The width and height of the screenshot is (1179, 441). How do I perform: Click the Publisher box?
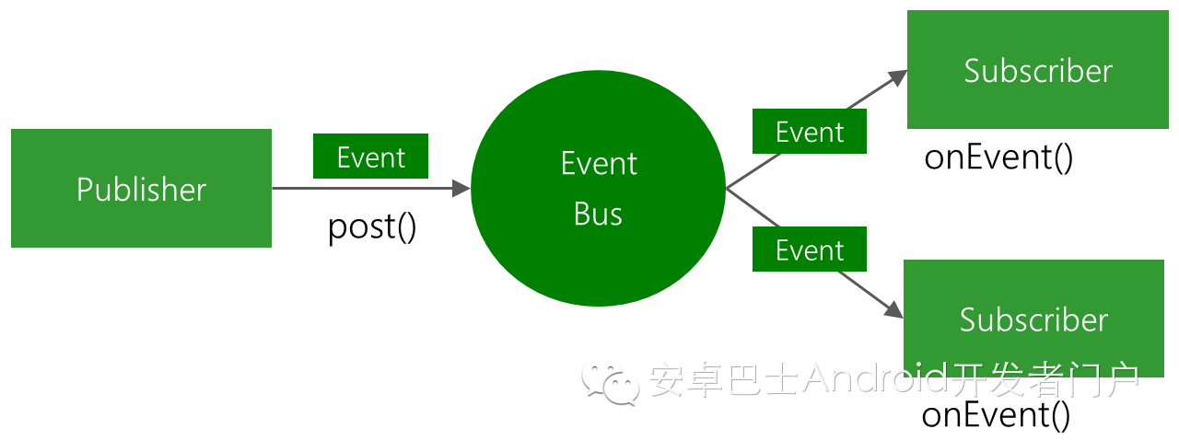tap(141, 188)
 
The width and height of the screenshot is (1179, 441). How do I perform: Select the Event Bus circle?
tap(598, 188)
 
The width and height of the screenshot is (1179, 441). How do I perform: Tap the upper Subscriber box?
tap(1038, 69)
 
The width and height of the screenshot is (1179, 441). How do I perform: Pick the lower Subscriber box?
tap(1033, 319)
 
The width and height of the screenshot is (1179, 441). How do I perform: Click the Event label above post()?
tap(370, 157)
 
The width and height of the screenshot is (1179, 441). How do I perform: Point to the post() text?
tap(372, 227)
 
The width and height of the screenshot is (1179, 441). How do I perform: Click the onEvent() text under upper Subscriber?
tap(998, 157)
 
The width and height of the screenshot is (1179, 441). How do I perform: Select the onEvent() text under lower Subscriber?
tap(996, 414)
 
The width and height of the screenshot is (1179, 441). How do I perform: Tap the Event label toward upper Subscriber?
tap(810, 131)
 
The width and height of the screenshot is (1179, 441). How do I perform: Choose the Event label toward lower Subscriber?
tap(810, 249)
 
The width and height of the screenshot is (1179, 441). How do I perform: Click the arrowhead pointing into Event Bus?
tap(461, 188)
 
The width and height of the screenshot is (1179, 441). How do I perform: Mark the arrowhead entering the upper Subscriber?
tap(897, 78)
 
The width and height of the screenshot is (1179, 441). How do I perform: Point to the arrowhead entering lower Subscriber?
tap(893, 309)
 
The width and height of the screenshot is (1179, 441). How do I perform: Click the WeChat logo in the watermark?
tap(611, 383)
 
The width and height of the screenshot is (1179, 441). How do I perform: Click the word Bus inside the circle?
tap(598, 214)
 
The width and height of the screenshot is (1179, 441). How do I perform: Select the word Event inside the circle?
tap(599, 163)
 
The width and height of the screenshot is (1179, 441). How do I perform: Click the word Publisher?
tap(141, 189)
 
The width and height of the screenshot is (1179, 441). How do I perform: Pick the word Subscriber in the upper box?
tap(1038, 71)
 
